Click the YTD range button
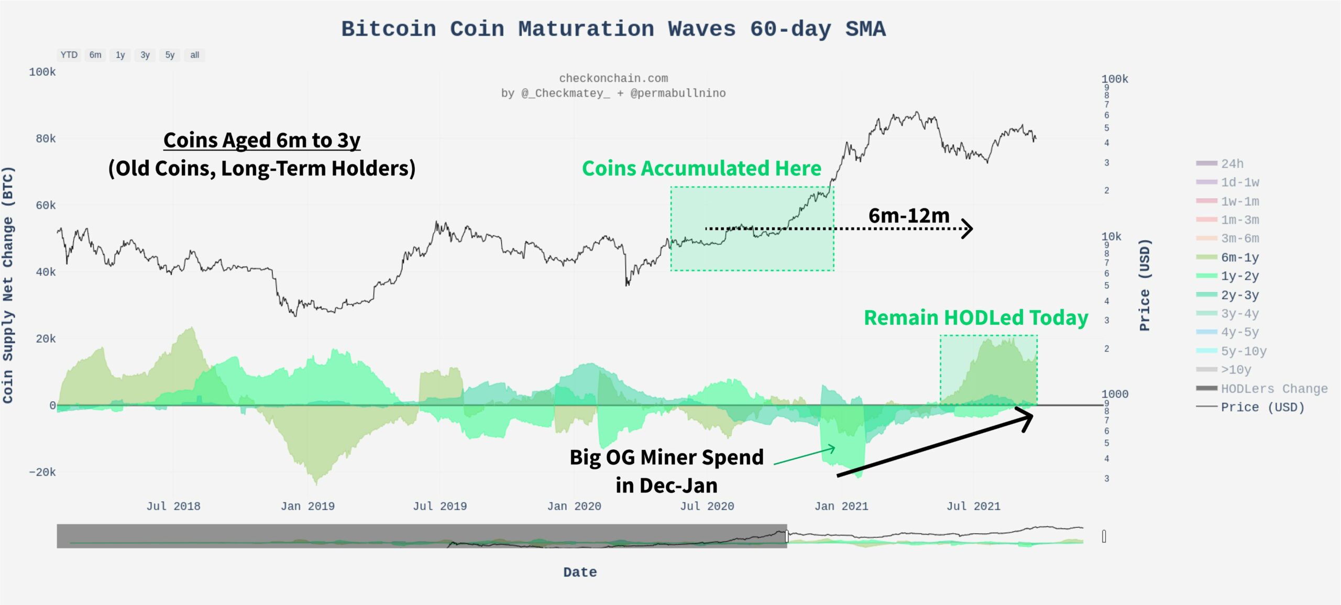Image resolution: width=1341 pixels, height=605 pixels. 69,55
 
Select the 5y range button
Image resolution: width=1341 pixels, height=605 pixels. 170,55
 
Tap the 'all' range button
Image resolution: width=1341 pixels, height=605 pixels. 195,55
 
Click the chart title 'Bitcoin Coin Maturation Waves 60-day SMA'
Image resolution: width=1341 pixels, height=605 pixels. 613,29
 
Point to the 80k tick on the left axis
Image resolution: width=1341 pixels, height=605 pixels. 46,139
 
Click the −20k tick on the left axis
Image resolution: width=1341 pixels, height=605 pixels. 42,472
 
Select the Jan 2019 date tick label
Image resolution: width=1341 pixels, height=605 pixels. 307,507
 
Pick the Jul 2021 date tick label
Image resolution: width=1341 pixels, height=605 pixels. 973,507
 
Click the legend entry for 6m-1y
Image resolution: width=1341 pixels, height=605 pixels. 1239,258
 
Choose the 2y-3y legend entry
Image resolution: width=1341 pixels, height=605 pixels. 1239,295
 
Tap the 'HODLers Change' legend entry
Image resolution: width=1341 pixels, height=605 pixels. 1274,389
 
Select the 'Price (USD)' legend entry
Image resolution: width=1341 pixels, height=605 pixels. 1262,408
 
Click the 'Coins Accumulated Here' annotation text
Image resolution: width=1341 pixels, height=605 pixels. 701,169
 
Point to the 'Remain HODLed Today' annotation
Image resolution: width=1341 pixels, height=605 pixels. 975,318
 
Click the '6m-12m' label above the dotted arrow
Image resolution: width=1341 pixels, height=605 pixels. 909,216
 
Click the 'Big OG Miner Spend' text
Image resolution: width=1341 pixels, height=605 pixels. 666,457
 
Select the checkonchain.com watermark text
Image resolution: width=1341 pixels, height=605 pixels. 613,79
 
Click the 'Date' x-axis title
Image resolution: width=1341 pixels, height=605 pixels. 580,572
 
